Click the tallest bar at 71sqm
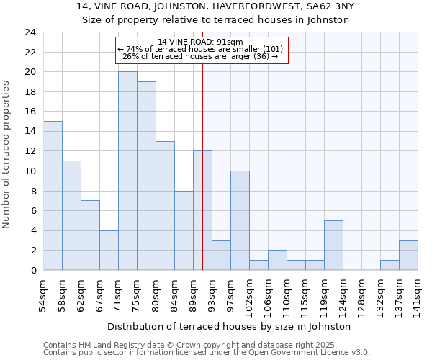coord(127,171)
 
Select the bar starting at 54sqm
coord(53,195)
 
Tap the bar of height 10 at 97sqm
coord(240,220)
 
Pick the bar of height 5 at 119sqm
coord(333,245)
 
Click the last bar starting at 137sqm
coord(408,255)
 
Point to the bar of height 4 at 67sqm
coord(109,250)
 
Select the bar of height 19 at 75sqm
coord(146,176)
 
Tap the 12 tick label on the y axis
coord(30,151)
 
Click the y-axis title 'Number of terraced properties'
coord(7,154)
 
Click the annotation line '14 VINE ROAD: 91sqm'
coord(201,42)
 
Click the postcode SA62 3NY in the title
coord(332,7)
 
